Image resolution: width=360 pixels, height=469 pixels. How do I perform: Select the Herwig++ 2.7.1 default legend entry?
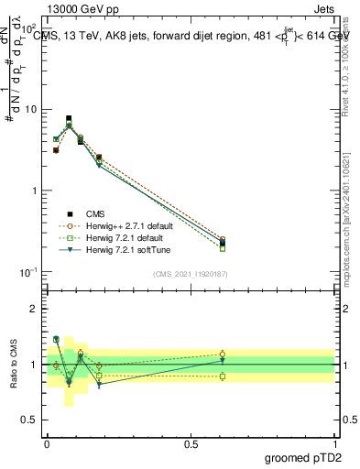119,224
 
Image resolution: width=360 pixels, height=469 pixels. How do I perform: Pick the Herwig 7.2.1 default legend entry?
115,237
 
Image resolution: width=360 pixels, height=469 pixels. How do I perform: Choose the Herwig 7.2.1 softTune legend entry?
116,249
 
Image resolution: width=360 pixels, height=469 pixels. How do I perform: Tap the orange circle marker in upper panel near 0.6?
223,239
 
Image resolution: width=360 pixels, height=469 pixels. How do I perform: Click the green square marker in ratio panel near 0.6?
223,376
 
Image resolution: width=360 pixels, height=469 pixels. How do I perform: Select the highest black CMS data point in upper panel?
69,118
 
